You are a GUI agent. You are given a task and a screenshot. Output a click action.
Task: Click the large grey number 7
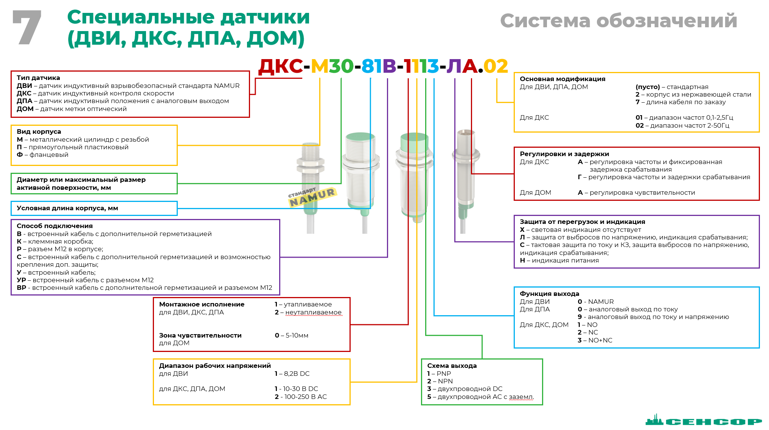coord(27,27)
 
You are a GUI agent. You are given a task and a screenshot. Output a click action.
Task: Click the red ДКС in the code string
coord(281,66)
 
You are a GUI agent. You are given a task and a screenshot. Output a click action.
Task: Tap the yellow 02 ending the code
coord(496,66)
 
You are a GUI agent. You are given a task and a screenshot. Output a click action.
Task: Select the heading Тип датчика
coord(38,78)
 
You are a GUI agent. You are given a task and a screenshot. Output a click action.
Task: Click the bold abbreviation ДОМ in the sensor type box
coord(25,109)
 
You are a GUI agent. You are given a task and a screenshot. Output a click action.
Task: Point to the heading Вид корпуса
coord(39,131)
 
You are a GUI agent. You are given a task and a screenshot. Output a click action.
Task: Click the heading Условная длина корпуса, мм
coord(67,208)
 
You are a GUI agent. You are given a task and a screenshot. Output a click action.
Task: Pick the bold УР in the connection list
coord(21,280)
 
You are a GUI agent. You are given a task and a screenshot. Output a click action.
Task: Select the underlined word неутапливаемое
coord(313,312)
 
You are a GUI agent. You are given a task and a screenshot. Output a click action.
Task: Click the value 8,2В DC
coord(297,374)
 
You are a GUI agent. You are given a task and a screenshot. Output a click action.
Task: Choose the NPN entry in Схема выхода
coord(445,381)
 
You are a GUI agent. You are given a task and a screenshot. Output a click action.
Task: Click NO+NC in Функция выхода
coord(600,340)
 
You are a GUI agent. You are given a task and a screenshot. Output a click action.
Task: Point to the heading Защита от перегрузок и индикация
coord(582,222)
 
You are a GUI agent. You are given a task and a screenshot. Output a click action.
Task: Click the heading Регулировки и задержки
coord(564,154)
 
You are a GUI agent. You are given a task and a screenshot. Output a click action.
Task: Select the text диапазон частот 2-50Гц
coord(689,125)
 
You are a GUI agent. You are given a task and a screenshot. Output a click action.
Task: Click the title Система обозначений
coord(618,21)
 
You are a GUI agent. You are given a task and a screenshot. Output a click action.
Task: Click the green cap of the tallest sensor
coord(414,141)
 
